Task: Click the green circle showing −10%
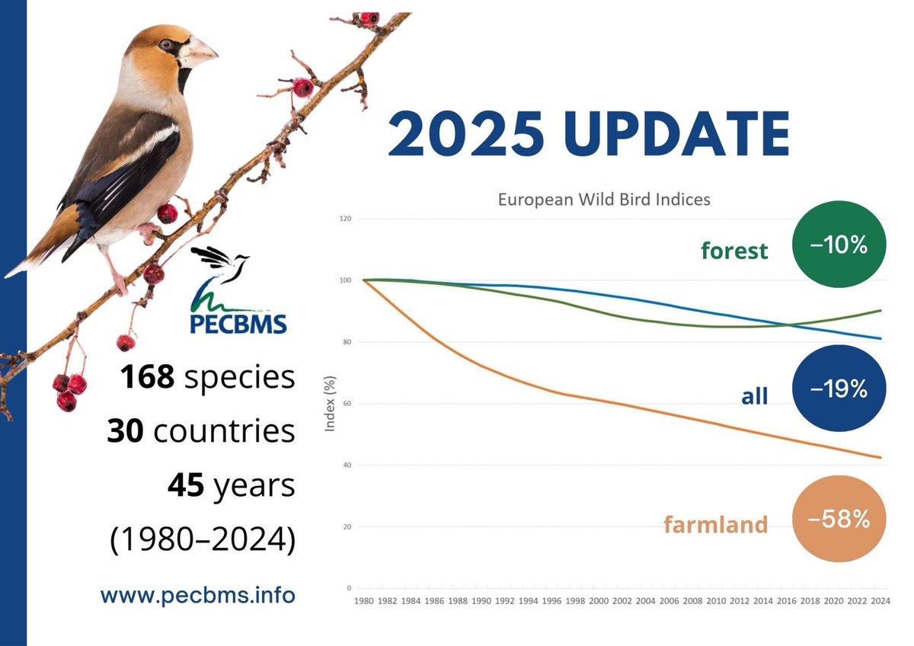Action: [839, 244]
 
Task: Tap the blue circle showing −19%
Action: [839, 388]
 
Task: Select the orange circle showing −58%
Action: [839, 519]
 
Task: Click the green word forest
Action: [734, 251]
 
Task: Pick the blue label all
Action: [754, 395]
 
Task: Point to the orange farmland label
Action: [715, 525]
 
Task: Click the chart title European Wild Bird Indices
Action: [604, 200]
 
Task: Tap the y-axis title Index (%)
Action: [331, 403]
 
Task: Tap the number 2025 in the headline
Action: [466, 134]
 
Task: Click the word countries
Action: [224, 431]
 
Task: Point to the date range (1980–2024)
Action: [203, 539]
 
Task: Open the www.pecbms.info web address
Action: [197, 594]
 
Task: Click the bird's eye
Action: [165, 44]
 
